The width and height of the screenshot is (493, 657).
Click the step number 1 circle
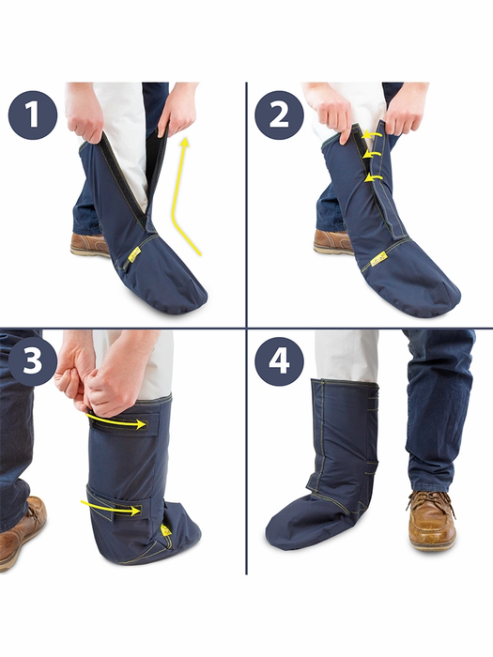point(32,115)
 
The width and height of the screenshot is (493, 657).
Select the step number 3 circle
point(32,361)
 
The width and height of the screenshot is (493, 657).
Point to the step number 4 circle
point(279,361)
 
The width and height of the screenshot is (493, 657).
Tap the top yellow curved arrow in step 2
point(372,134)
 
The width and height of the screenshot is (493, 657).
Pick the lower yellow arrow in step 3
point(111,507)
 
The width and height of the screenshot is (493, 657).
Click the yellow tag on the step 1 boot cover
point(135,254)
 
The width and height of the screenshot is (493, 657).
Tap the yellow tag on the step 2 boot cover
point(378,261)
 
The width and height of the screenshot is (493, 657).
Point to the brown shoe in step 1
point(89,245)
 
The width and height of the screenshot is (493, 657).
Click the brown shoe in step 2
point(332,242)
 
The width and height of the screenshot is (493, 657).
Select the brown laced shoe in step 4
point(431,520)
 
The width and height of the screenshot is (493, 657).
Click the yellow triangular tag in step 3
point(166,530)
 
